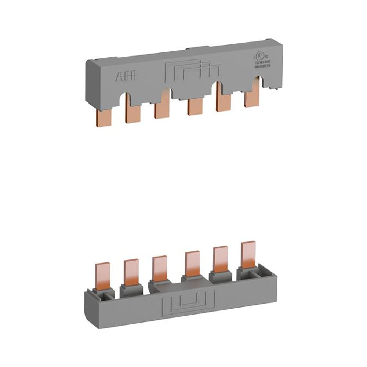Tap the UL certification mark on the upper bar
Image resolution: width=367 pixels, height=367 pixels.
[x=259, y=58]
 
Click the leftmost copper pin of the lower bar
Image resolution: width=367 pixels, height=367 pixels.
[x=102, y=275]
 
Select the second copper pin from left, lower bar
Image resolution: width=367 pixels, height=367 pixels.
[x=130, y=272]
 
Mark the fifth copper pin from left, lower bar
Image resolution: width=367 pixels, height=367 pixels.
[x=220, y=259]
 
